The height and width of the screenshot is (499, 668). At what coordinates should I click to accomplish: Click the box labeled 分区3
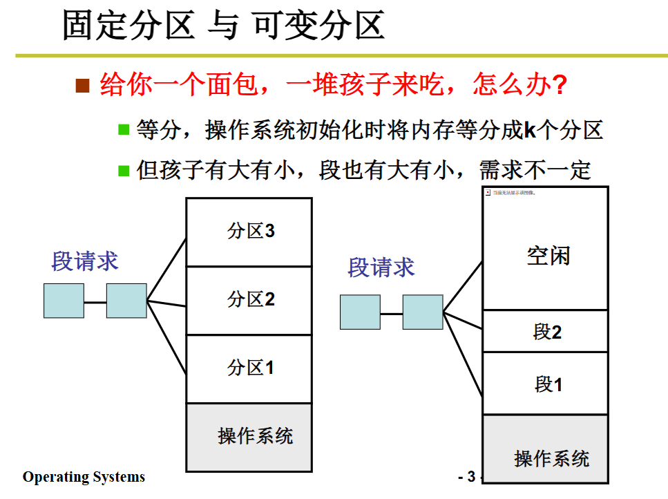pos(249,232)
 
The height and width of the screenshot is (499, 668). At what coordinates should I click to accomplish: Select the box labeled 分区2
pos(249,300)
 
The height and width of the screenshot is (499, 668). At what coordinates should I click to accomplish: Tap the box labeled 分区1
pos(249,368)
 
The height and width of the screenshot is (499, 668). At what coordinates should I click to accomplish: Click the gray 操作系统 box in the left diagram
pos(249,436)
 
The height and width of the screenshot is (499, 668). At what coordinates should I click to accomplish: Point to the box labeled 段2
pos(545,332)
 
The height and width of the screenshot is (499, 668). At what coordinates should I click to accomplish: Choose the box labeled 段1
pos(545,384)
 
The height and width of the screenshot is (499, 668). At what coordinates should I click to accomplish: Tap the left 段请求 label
pos(85,261)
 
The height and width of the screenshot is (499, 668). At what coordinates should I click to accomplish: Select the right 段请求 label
pos(381,267)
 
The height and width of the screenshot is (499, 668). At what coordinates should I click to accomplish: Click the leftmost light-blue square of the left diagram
pos(64,301)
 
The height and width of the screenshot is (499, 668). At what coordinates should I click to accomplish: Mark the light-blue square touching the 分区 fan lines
pos(126,301)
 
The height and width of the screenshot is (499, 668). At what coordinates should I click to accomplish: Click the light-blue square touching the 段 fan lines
pos(423,312)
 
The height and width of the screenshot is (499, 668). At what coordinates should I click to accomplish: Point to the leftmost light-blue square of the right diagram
pos(360,312)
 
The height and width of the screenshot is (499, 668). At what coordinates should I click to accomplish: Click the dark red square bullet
pos(83,86)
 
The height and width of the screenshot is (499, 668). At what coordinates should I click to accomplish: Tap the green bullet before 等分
pos(124,129)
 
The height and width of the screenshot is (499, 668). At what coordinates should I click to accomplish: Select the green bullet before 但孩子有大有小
pos(124,169)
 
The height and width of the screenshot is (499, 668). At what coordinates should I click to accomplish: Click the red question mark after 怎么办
pos(560,86)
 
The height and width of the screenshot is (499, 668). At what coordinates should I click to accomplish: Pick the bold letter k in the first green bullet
pos(530,129)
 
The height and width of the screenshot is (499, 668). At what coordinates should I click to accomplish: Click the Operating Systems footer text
pos(84,477)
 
